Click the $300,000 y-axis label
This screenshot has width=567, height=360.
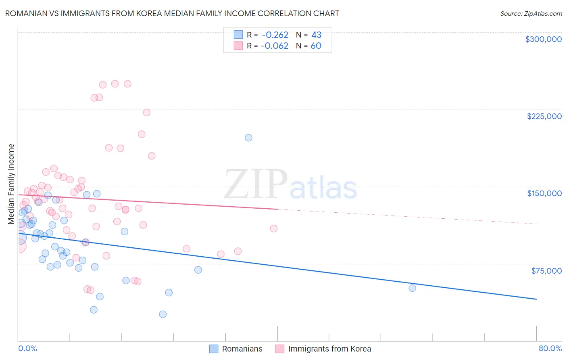coord(543,39)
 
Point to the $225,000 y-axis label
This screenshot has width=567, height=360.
coord(544,116)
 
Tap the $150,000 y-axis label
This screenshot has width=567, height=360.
coord(544,193)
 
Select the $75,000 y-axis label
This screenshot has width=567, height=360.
coord(546,271)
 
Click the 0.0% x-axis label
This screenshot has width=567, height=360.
coord(27,348)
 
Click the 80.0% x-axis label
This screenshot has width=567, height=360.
coord(550,348)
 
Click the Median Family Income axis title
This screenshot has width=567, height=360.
coord(11,184)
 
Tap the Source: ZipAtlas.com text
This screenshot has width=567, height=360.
coord(531,13)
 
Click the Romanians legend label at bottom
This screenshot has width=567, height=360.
coord(242,349)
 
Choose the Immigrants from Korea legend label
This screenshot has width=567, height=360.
coord(329,349)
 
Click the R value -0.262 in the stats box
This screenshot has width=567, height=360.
coord(275,35)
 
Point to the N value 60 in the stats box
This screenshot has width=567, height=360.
coord(316,46)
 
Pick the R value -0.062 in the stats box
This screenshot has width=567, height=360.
coord(275,46)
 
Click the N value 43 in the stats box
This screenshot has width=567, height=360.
coord(316,35)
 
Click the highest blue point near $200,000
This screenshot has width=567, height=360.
coord(248,138)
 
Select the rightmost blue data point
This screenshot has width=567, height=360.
coord(412,288)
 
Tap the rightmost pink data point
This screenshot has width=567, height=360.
coord(274,228)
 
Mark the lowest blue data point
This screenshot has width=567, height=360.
coord(163,314)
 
